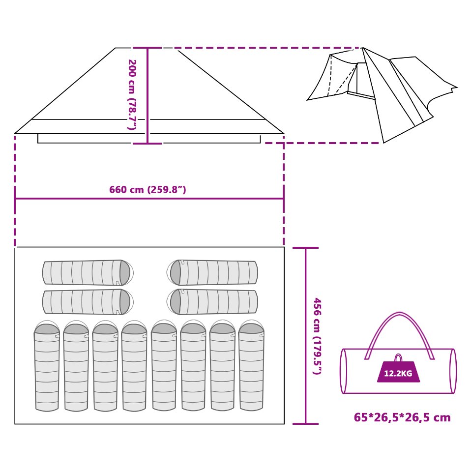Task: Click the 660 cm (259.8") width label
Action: click(x=147, y=190)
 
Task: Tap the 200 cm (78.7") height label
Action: click(x=132, y=94)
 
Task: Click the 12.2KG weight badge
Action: click(x=398, y=373)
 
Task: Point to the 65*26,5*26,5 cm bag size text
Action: click(x=402, y=418)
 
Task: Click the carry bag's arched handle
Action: click(x=399, y=320)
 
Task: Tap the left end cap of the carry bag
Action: click(x=344, y=371)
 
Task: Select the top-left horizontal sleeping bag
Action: click(x=86, y=272)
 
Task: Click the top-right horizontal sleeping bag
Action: click(x=214, y=272)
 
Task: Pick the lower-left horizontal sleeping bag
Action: click(x=86, y=302)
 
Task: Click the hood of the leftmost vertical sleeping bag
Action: click(x=47, y=328)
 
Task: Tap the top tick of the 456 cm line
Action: click(x=305, y=248)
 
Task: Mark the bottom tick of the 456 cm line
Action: click(x=305, y=423)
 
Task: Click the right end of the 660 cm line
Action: click(x=283, y=199)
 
